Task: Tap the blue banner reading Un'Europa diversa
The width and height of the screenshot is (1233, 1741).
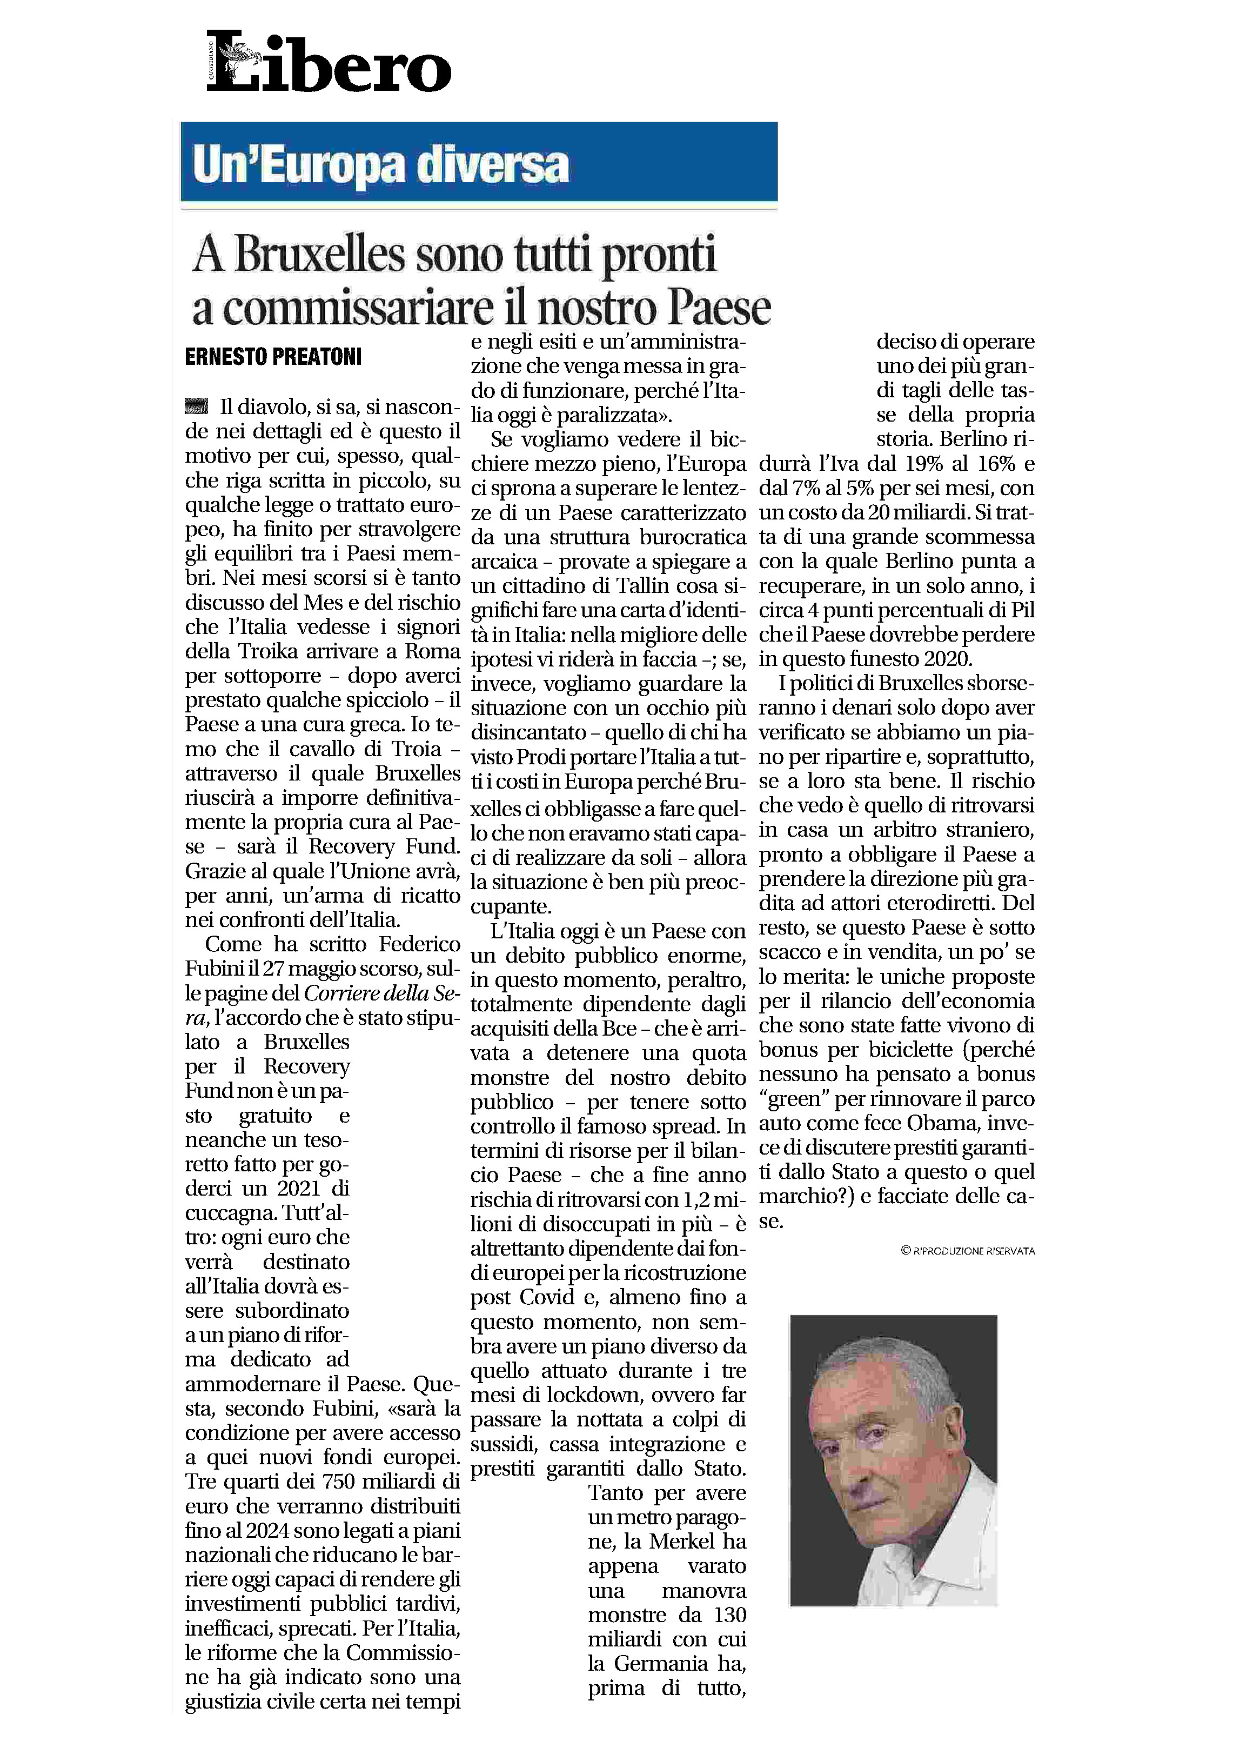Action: (x=478, y=163)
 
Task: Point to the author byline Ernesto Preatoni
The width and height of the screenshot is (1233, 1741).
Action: (x=273, y=356)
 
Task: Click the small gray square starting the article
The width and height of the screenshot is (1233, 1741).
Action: (x=196, y=406)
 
